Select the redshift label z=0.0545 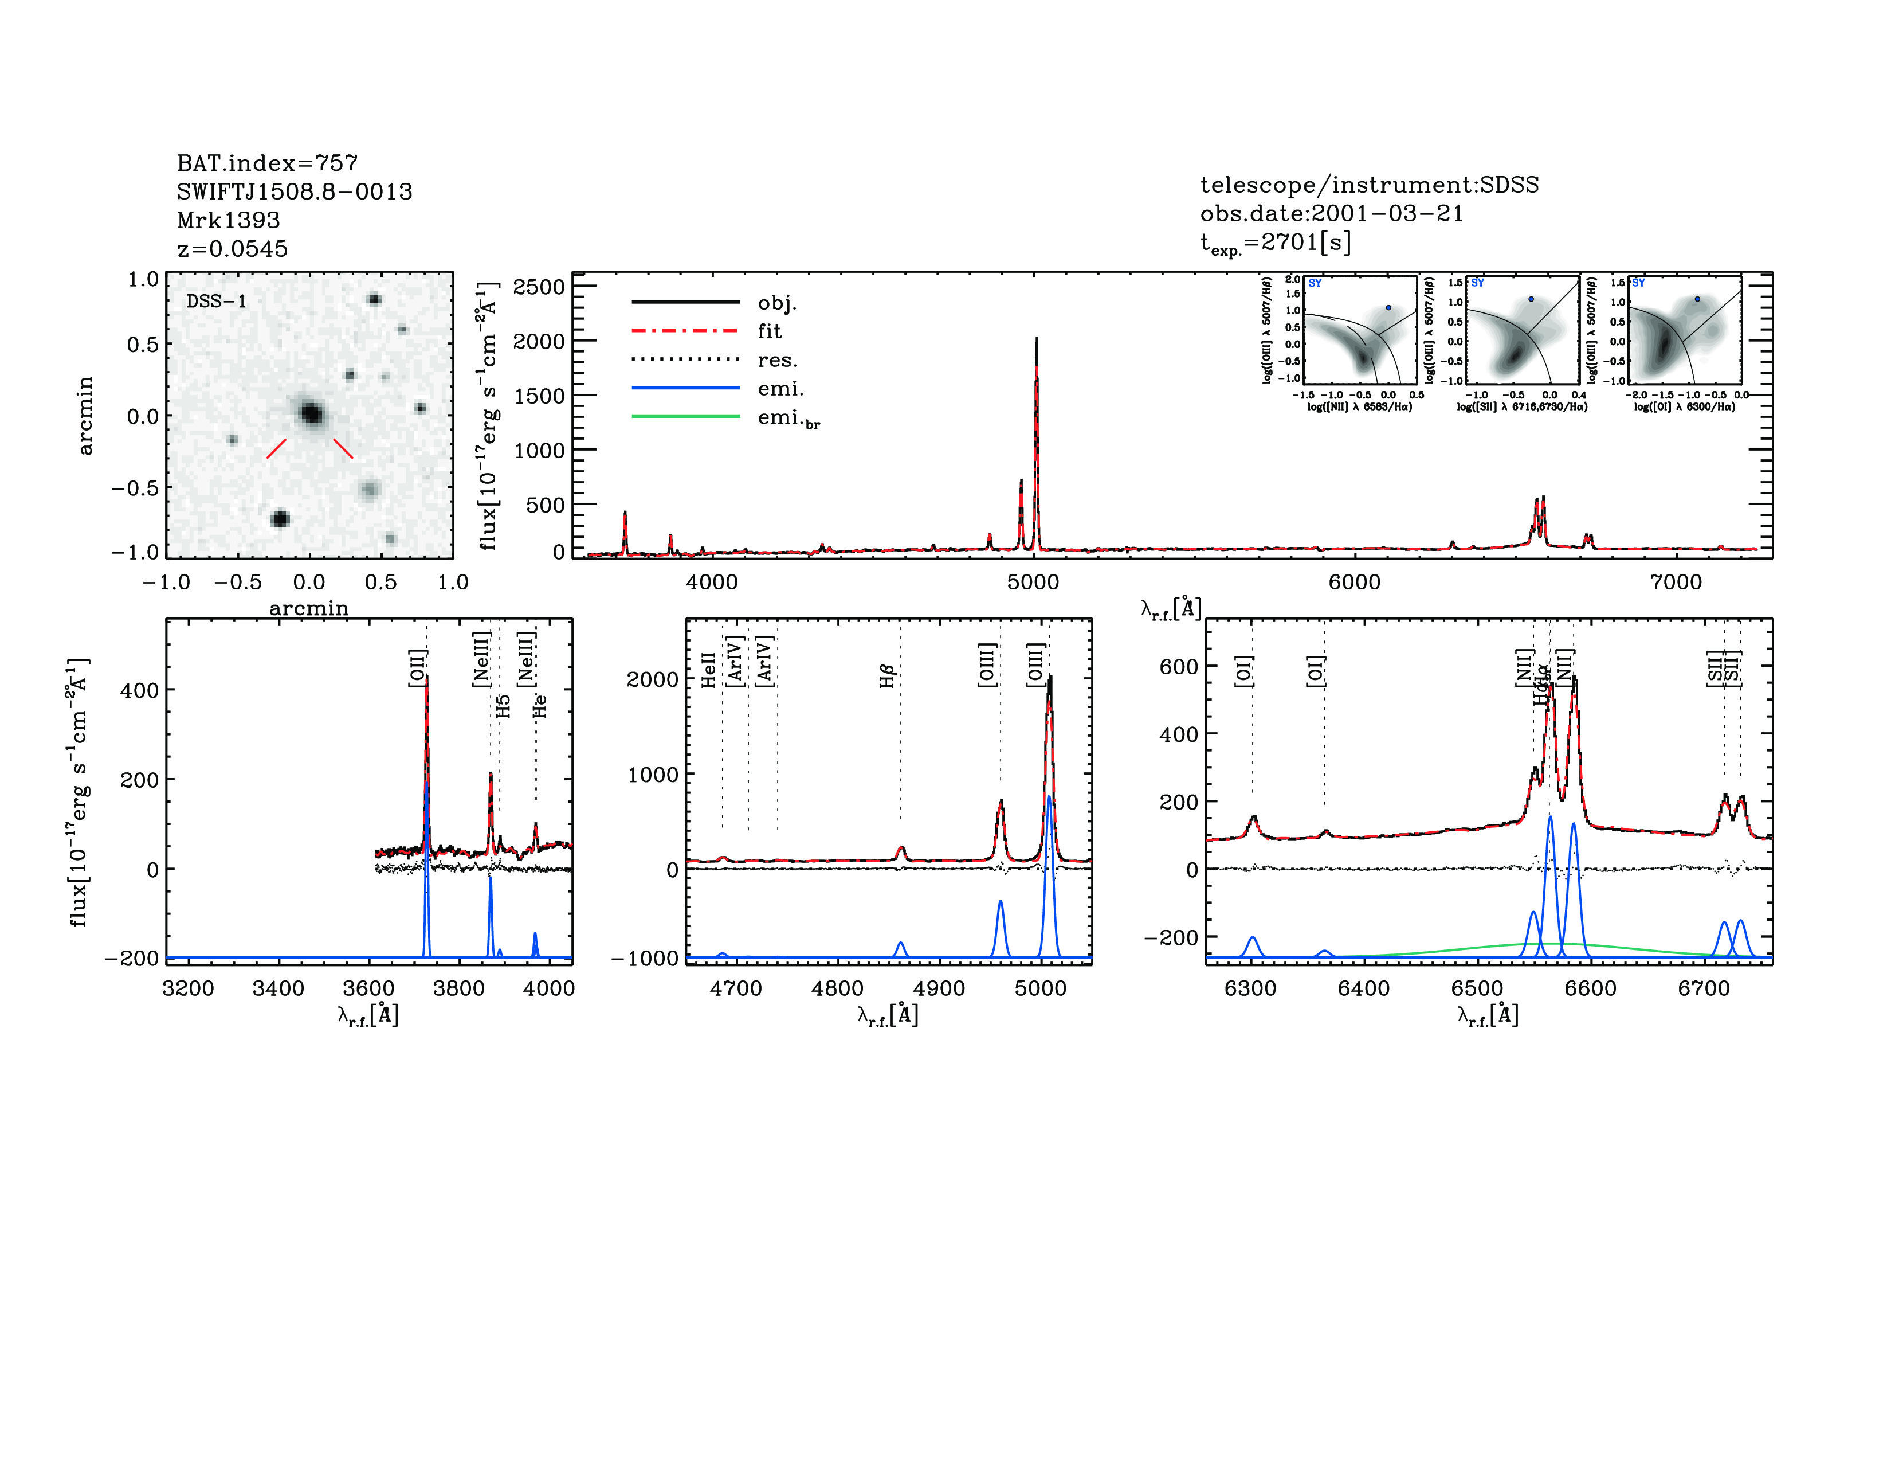pyautogui.click(x=232, y=249)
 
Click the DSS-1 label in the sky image pyautogui.click(x=217, y=302)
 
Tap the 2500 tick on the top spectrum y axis pyautogui.click(x=539, y=287)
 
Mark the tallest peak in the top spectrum pyautogui.click(x=1037, y=339)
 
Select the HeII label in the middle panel pyautogui.click(x=709, y=670)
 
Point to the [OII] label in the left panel pyautogui.click(x=417, y=668)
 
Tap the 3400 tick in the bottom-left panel pyautogui.click(x=278, y=989)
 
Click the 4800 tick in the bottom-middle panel pyautogui.click(x=837, y=989)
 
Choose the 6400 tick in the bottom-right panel pyautogui.click(x=1364, y=989)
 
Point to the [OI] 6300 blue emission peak pyautogui.click(x=1252, y=938)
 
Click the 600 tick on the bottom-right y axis pyautogui.click(x=1178, y=666)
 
